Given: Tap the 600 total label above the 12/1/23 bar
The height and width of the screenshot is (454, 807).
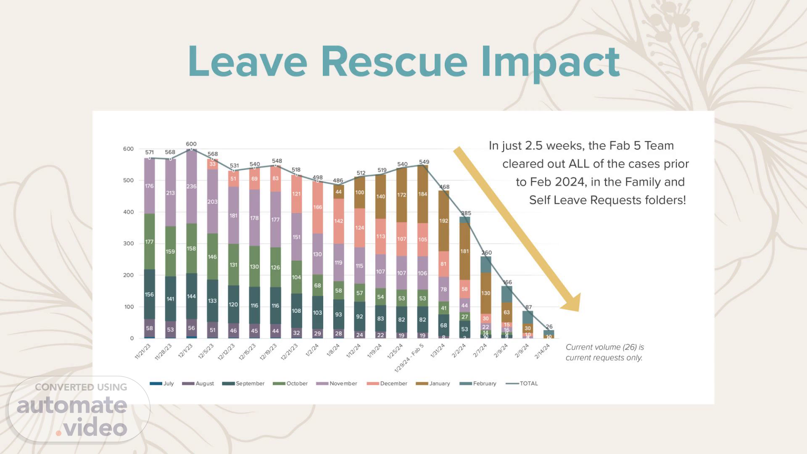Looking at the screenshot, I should tap(191, 144).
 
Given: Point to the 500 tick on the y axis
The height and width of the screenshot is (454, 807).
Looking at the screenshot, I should tap(128, 180).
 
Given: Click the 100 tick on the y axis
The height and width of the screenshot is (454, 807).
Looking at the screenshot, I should tap(128, 307).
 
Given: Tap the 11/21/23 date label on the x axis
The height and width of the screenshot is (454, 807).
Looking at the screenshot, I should tap(142, 351).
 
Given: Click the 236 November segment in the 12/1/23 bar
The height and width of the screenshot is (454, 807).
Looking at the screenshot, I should tap(191, 186).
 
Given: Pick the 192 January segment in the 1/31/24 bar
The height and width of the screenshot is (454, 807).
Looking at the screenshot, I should tap(444, 221).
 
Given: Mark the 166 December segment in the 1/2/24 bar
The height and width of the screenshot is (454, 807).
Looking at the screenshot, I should tap(317, 207).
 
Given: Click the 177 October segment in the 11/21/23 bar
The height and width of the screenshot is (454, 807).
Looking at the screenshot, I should tap(149, 242).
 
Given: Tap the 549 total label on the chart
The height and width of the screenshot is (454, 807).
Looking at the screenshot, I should tap(424, 162).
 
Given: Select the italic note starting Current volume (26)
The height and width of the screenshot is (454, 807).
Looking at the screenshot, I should tap(604, 352).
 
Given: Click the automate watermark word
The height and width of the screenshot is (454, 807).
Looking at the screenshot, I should tap(72, 405).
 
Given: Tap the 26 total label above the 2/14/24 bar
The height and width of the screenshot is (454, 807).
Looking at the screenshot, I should tap(549, 327).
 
